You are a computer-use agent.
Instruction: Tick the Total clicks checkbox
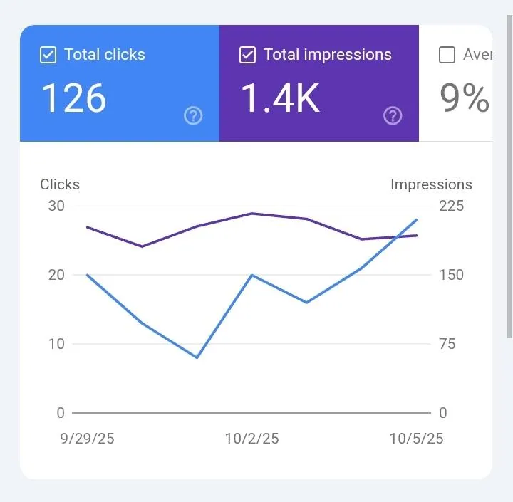48,55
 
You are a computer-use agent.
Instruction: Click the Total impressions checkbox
247,55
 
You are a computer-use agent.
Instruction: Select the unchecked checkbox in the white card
447,55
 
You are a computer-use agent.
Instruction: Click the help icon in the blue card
193,115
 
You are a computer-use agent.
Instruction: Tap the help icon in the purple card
393,115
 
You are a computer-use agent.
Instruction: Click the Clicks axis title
60,184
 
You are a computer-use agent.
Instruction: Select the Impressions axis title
431,184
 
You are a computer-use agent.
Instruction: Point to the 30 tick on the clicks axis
56,206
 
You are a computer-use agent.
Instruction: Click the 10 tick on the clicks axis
56,344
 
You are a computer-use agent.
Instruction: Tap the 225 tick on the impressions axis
451,206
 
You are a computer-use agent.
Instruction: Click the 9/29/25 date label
87,439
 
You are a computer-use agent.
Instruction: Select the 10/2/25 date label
252,439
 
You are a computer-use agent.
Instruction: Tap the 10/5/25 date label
416,439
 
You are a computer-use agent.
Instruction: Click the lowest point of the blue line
197,357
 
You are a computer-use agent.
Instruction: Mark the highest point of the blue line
417,219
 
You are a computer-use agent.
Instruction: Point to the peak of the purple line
252,213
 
